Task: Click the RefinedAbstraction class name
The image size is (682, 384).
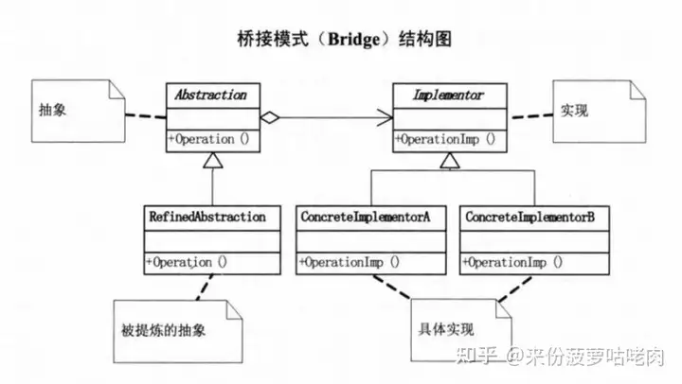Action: [207, 217]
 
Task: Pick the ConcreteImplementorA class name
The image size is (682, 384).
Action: [366, 217]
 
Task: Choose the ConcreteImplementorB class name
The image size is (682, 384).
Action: [530, 217]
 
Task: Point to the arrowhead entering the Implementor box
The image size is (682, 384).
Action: [384, 118]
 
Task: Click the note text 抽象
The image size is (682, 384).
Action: [53, 111]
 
